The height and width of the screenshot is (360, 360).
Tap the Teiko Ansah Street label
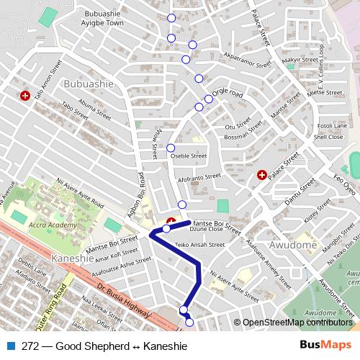(x=200, y=245)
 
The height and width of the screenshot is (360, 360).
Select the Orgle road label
(x=229, y=94)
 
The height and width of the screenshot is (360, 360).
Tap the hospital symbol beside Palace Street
(x=262, y=174)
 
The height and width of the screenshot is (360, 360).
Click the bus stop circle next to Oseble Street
(x=171, y=148)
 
